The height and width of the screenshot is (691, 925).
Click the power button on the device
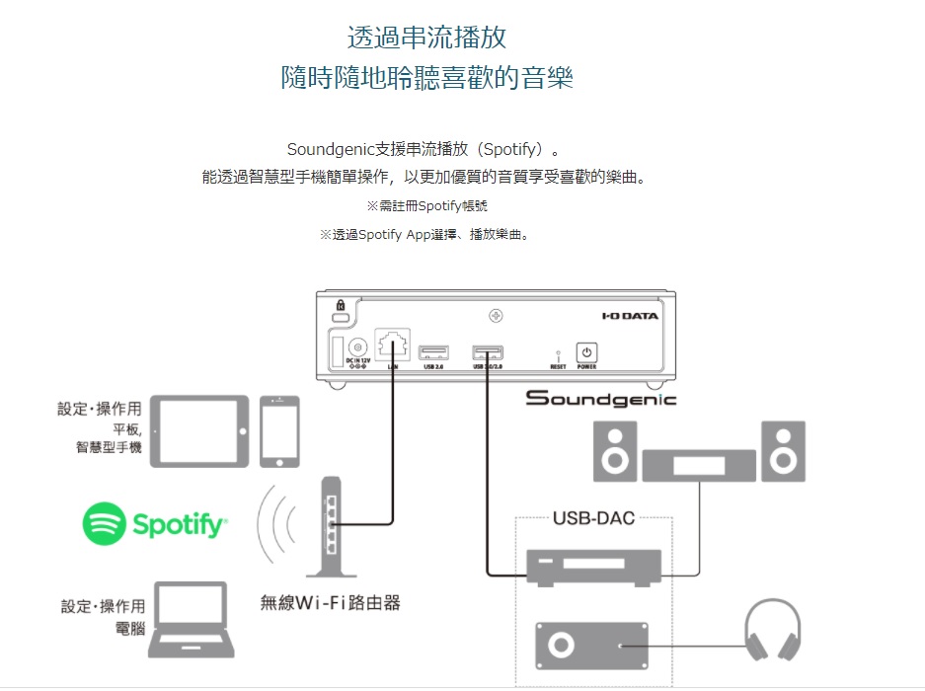(586, 352)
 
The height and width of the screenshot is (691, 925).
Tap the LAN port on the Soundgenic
(393, 347)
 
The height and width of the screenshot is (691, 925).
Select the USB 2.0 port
(434, 351)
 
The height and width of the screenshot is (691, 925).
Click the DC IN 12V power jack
(357, 346)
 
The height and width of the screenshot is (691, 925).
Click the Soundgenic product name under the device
(600, 398)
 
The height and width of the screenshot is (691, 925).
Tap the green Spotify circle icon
(104, 524)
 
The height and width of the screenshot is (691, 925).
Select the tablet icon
(200, 431)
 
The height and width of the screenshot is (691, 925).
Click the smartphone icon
(279, 431)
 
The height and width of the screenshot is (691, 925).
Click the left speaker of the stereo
(614, 451)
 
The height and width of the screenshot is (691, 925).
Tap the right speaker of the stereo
(784, 451)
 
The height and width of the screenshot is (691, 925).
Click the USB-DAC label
(593, 518)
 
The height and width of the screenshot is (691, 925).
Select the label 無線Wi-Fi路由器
(330, 602)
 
